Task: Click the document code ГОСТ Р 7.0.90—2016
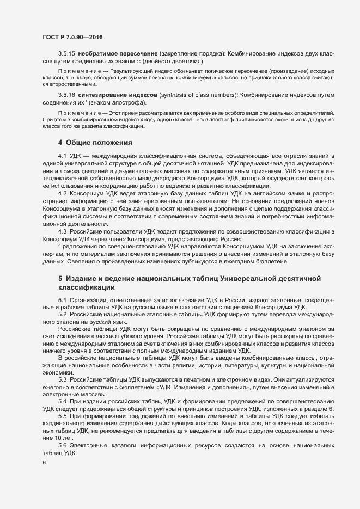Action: [x=72, y=37]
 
